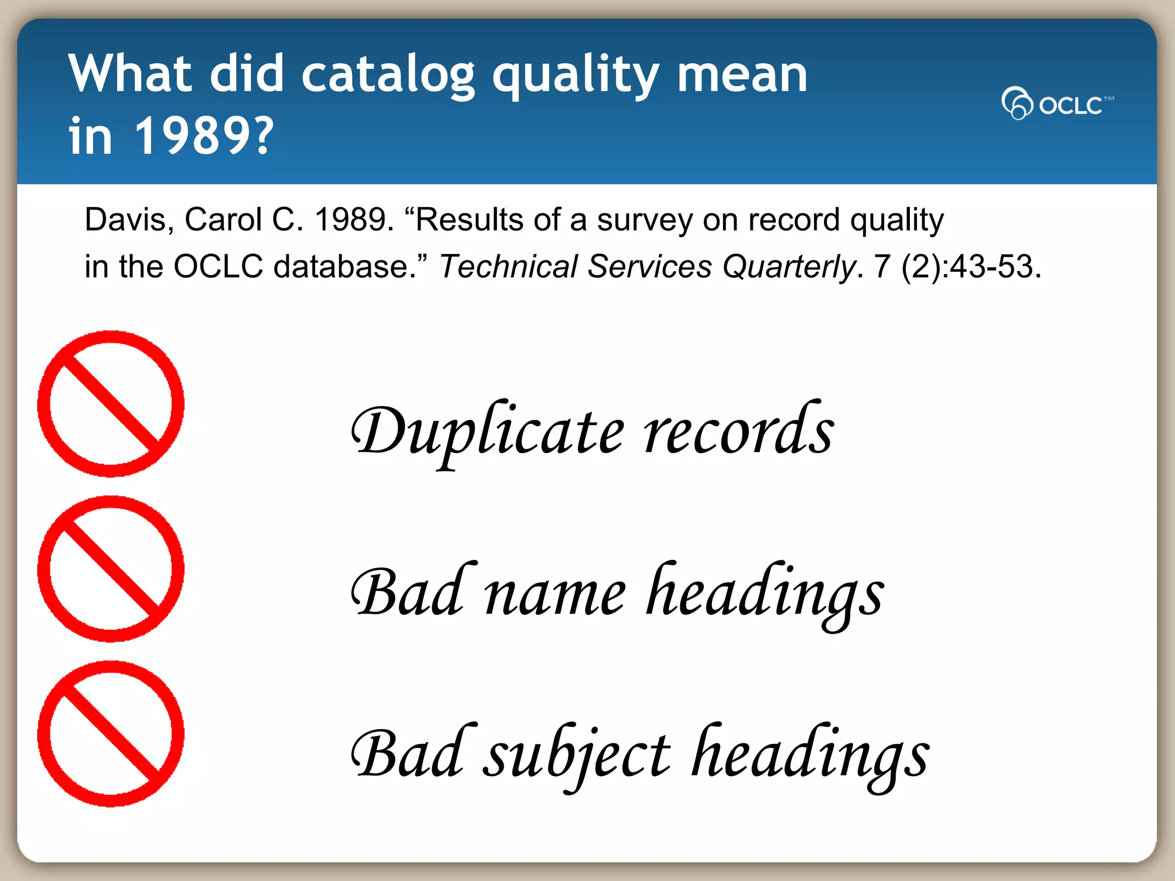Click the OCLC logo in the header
pyautogui.click(x=1057, y=104)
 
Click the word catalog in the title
pyautogui.click(x=388, y=75)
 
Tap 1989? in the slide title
pyautogui.click(x=204, y=136)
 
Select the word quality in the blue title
pyautogui.click(x=575, y=76)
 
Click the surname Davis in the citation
pyautogui.click(x=128, y=220)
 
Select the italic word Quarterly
pyautogui.click(x=789, y=267)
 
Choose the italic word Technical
pyautogui.click(x=508, y=267)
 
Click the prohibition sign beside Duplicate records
pyautogui.click(x=111, y=404)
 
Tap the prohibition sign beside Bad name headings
pyautogui.click(x=111, y=569)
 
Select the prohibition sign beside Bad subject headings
pyautogui.click(x=111, y=734)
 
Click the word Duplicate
pyautogui.click(x=487, y=431)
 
